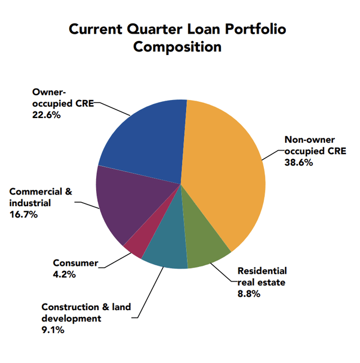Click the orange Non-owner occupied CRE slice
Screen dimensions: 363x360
[225, 169]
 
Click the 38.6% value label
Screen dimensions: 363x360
[298, 163]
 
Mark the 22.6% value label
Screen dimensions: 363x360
[46, 114]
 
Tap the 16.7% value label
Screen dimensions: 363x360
[24, 215]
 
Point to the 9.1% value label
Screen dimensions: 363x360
[53, 330]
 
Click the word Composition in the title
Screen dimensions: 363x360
[177, 47]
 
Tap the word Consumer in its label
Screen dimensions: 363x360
[75, 262]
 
